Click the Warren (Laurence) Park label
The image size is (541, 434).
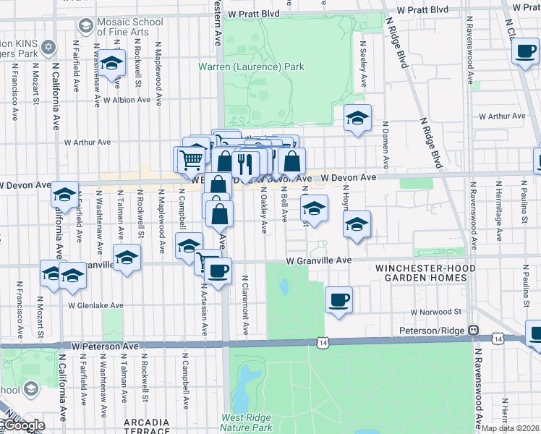(x=251, y=67)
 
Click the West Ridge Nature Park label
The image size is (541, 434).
(x=247, y=422)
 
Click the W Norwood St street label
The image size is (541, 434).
(x=435, y=312)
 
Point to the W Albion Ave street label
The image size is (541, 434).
(x=127, y=101)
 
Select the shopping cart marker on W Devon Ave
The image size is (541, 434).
(x=191, y=158)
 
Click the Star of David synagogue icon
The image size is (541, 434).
(x=48, y=47)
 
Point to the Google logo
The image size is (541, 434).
(x=23, y=425)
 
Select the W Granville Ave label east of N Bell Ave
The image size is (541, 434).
(x=318, y=260)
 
